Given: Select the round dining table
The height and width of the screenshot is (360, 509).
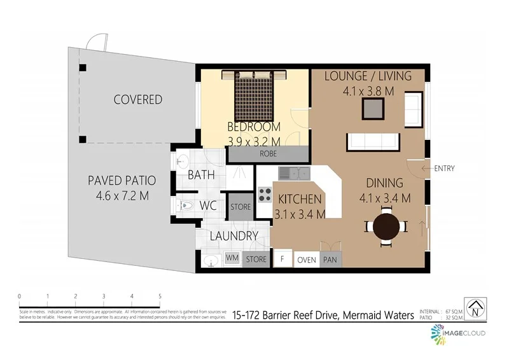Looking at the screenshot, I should pos(386,227).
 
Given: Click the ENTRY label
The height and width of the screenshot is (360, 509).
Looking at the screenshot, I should pos(444,169).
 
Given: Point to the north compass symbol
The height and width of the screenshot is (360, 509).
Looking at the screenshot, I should pos(475,310).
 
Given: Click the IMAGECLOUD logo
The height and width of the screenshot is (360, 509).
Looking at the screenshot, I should pos(459,333).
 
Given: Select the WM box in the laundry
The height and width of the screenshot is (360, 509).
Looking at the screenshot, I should pos(232,259).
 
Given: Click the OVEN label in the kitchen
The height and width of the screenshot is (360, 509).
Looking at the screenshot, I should pos(307,260).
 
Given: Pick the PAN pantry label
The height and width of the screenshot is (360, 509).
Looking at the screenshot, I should pos(330,260).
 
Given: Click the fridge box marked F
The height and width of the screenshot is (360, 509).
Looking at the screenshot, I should pos(281,260).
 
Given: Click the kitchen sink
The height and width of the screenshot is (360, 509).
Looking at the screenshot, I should pos(293,172).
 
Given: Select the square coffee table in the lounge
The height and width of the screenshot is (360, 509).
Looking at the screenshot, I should pos(373,109).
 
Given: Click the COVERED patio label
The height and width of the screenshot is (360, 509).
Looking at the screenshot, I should pos(138,100).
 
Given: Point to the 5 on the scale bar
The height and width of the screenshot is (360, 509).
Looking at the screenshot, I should pos(160,296).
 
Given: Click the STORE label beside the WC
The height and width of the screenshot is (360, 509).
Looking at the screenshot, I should pos(241,207).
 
